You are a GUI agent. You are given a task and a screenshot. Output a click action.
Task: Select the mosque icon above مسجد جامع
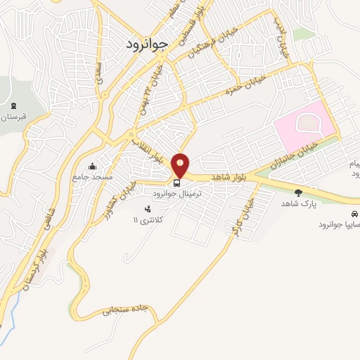click(92, 167)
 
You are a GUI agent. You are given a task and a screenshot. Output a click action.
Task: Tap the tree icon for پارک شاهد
click(298, 193)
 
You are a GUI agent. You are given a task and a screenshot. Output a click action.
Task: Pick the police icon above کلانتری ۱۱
click(147, 209)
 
